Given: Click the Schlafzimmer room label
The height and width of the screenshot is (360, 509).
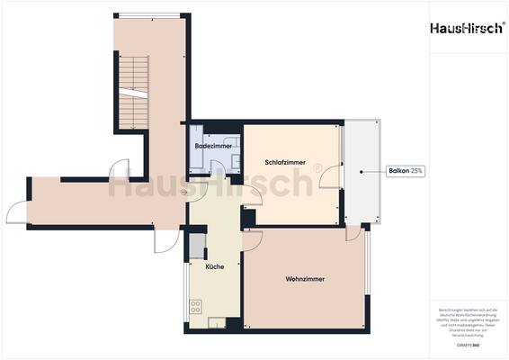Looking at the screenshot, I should (284, 162).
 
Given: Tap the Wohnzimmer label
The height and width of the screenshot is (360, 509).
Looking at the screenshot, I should (305, 279).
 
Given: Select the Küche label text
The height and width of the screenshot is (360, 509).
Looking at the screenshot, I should (214, 267).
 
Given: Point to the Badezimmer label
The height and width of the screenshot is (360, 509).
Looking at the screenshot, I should (214, 145).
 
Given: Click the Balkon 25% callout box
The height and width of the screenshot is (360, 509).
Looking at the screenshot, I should (406, 170).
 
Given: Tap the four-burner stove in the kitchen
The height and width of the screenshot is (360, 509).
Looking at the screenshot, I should (194, 307).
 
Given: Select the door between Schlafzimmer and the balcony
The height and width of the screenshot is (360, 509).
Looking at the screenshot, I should (334, 179).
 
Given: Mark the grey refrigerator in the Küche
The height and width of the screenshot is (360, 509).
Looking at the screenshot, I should (196, 247).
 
